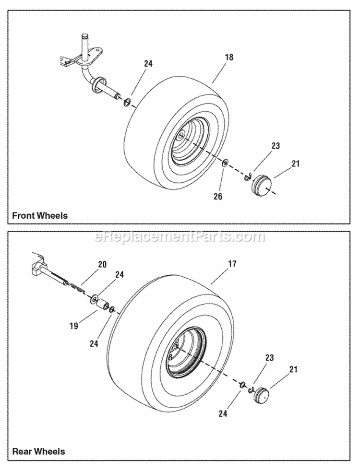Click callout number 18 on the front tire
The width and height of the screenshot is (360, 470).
coord(229,58)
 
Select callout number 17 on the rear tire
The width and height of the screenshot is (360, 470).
coord(232,264)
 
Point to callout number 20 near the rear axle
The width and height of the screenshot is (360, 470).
coord(102,264)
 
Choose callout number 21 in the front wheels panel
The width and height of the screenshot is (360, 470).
coord(295,164)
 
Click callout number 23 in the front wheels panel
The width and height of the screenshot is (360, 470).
coord(275,146)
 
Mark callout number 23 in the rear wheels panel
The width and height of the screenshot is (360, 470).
coord(270,358)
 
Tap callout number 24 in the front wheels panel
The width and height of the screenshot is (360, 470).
coord(148,63)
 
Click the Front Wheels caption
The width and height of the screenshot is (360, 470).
coord(40,216)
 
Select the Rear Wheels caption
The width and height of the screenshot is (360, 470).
coord(38,451)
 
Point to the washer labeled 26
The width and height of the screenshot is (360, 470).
coord(225,163)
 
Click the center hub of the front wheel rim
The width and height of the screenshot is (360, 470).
coord(180,136)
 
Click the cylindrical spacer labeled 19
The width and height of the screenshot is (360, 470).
coord(102,305)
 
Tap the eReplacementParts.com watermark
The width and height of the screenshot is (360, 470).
coord(180,236)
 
